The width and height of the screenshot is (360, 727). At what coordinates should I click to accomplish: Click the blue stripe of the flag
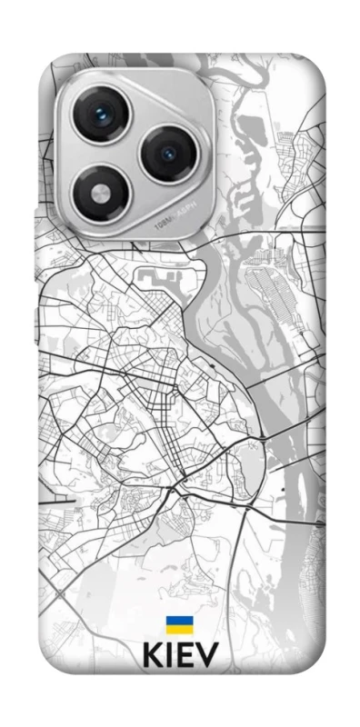[178, 621]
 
